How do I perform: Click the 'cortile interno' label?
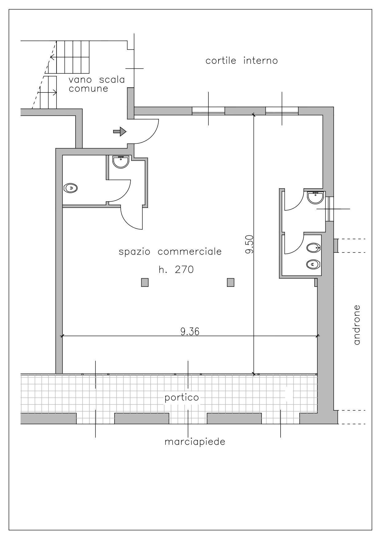coord(242,61)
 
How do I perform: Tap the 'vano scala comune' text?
coord(97,84)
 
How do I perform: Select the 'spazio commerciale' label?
coord(170,252)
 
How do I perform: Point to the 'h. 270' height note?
coord(176,270)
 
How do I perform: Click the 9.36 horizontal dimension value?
coord(190,331)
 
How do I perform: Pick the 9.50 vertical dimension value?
coord(249,244)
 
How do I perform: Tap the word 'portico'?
coord(182,398)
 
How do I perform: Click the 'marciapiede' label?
coord(195,442)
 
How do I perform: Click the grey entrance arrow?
coord(120,132)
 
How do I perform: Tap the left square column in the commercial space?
coord(145,282)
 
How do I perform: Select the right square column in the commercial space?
coord(230,282)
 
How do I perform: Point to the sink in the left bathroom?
coord(121,162)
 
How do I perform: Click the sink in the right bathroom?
coord(316,197)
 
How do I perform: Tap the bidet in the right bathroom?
coord(313,247)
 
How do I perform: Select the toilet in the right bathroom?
coord(313,264)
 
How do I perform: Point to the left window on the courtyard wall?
coord(208,111)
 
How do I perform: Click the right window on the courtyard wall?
coord(282,111)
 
